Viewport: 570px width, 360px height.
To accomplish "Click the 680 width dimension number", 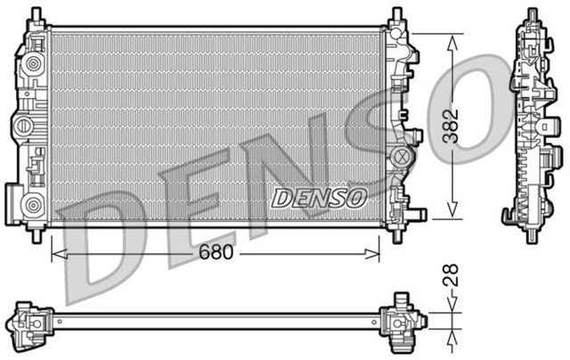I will point(216,252).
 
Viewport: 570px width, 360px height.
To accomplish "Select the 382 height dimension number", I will point(455,127).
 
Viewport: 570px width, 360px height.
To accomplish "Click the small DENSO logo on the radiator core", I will point(318,196).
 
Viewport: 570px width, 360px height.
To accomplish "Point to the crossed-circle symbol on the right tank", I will point(403,159).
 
